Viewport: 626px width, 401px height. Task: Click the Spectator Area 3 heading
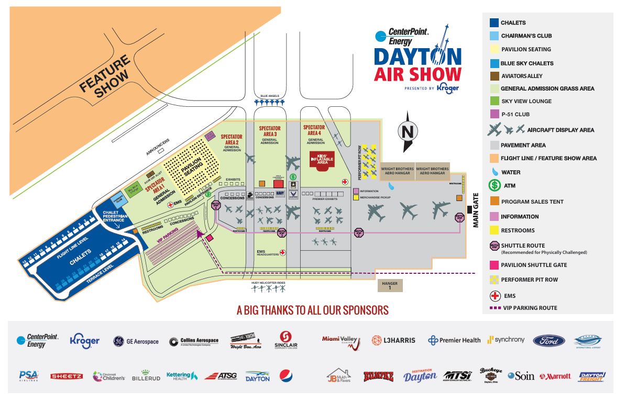(x=270, y=128)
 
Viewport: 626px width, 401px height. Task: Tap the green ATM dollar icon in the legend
(x=493, y=185)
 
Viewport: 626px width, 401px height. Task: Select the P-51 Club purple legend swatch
(x=493, y=114)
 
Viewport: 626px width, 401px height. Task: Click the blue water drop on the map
(x=390, y=185)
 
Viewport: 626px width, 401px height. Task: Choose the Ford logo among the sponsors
(x=548, y=340)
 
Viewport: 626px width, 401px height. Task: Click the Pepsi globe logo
(x=286, y=375)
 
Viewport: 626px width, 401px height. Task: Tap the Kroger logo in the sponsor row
(x=84, y=341)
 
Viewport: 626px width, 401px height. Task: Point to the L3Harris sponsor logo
(x=393, y=340)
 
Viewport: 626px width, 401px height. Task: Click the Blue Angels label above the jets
(x=270, y=96)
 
